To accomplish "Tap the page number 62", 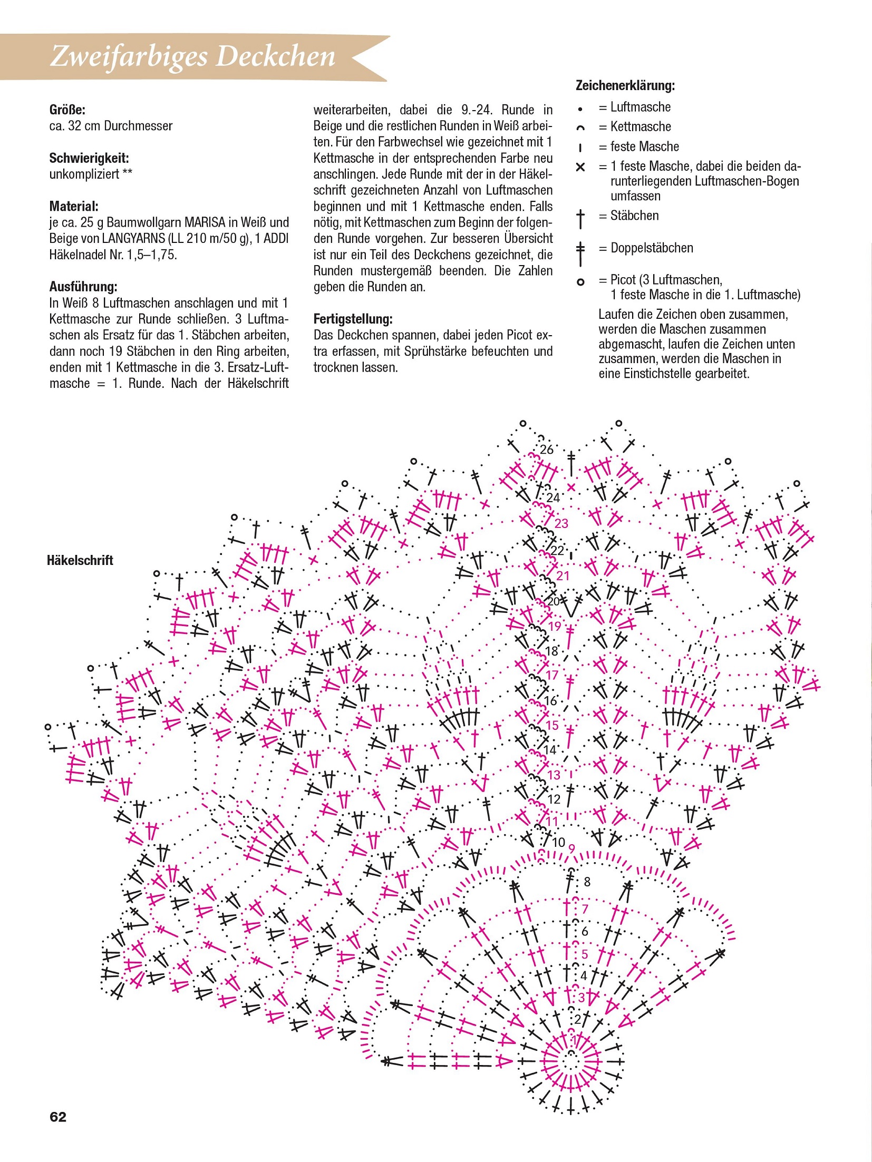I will pos(58,1117).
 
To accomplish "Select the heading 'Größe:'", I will pos(67,110).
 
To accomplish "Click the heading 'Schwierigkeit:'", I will pos(89,158).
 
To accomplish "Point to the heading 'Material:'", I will pos(74,206).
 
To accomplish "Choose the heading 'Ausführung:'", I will pos(83,287).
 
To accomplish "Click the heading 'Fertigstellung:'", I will pos(353,319).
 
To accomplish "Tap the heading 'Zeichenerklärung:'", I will pos(625,85).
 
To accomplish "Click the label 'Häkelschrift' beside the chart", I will pos(80,560).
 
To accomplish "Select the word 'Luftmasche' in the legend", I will pos(641,108).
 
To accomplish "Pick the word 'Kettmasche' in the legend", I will pos(641,127).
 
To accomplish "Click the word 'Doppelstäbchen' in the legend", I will pos(652,248).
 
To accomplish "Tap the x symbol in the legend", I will pos(580,168).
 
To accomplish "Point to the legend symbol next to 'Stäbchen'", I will pos(580,218).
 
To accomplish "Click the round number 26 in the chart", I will pos(547,450).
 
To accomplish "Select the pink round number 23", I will pos(561,523).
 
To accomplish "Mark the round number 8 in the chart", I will pos(587,882).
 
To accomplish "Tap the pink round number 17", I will pos(552,675).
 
